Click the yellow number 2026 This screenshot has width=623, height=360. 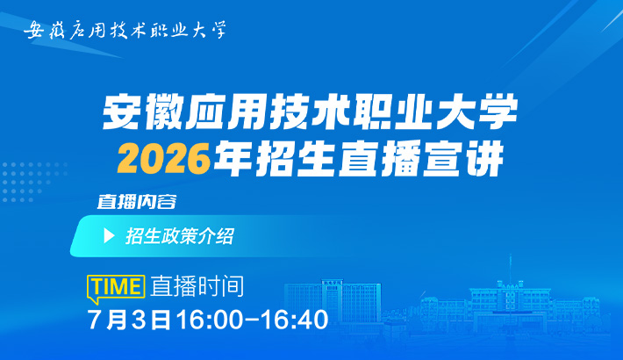point(163,159)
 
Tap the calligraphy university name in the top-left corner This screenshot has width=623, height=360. point(125,30)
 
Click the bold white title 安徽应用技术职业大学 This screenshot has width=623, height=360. point(310,112)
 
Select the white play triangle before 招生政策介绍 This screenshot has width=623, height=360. point(109,236)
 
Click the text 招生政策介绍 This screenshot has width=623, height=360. point(180,236)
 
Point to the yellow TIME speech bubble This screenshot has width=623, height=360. point(116,288)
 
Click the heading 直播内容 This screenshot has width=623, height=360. point(137,202)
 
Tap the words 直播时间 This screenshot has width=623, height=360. point(197,286)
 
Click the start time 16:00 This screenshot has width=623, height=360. point(209,320)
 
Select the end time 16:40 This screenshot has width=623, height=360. point(295,320)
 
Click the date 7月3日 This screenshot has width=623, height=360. point(129,320)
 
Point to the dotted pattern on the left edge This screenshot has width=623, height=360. point(33,182)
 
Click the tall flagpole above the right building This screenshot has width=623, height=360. point(510,269)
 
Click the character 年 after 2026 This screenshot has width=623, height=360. point(232,159)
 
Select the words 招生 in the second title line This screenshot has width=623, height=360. point(295,159)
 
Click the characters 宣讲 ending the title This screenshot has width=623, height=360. point(463,159)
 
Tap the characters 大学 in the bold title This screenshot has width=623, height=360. point(476,112)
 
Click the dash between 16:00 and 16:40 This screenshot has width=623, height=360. point(252,320)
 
